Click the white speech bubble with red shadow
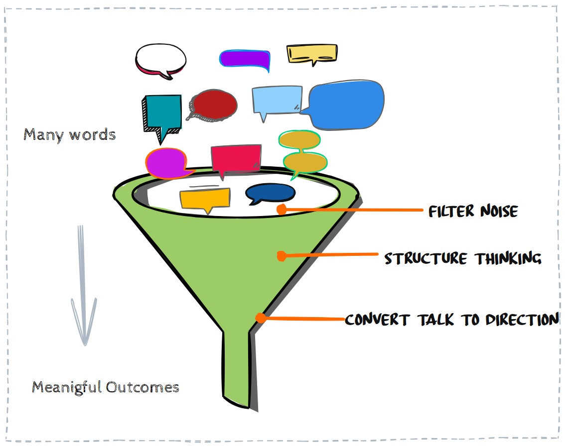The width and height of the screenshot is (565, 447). tap(161, 59)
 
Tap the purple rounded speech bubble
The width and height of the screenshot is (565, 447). tap(245, 59)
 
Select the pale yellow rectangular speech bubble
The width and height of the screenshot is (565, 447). tap(312, 53)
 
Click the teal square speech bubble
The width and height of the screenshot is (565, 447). tap(162, 112)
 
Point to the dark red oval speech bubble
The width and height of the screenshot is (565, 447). tap(214, 105)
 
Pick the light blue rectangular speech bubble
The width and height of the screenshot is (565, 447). tap(277, 100)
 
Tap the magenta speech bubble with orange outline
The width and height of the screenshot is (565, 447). tap(166, 163)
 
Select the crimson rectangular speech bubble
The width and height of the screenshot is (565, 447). tap(236, 158)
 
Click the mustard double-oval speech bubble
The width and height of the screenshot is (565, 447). tap(302, 152)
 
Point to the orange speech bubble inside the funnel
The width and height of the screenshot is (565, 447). tap(205, 199)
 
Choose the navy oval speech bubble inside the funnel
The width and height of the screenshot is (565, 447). tap(271, 193)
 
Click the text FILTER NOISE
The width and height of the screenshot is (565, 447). tap(473, 212)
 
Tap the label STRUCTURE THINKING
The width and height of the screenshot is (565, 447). tap(462, 259)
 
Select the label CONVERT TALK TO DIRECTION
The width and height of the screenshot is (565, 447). tap(451, 319)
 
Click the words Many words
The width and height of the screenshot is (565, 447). tap(70, 135)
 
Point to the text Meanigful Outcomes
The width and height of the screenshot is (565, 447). tap(106, 387)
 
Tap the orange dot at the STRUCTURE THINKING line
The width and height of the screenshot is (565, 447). tap(281, 256)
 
